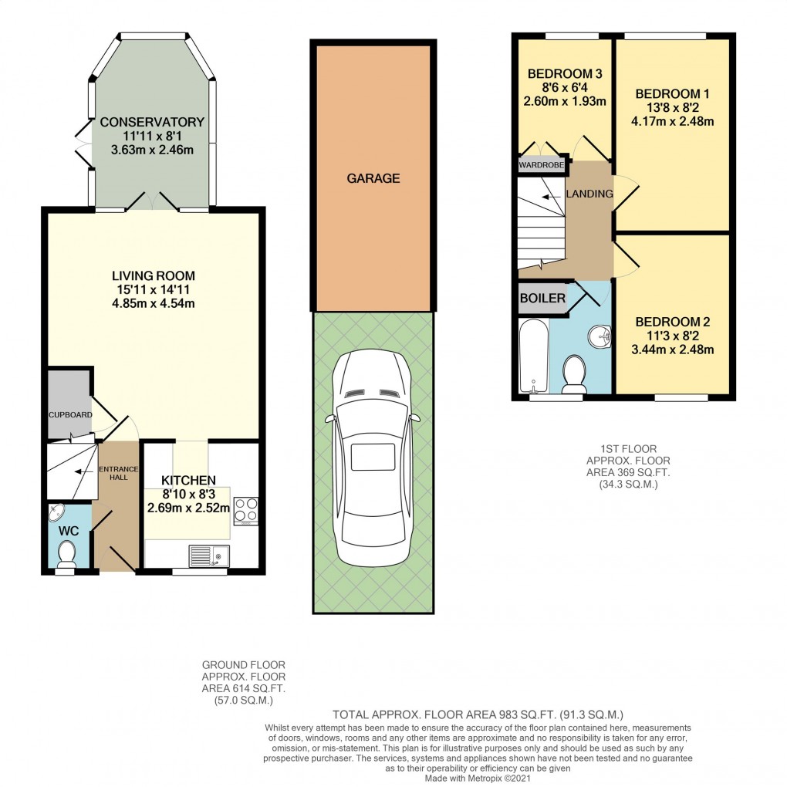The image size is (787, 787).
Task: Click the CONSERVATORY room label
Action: pyautogui.click(x=151, y=122)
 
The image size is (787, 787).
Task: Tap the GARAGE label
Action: pyautogui.click(x=373, y=178)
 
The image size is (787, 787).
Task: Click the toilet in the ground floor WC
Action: pyautogui.click(x=67, y=552)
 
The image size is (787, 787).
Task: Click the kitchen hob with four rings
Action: pyautogui.click(x=245, y=510)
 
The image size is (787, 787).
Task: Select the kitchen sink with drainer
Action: pyautogui.click(x=206, y=556)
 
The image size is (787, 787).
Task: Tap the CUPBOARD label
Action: pyautogui.click(x=70, y=415)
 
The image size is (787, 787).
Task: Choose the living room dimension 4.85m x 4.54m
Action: pyautogui.click(x=153, y=303)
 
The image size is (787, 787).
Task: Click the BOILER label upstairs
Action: pyautogui.click(x=542, y=299)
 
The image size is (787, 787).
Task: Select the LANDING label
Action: pyautogui.click(x=589, y=194)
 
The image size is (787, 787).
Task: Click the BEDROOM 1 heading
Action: pyautogui.click(x=672, y=93)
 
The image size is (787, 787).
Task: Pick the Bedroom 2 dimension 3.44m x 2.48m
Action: pyautogui.click(x=672, y=350)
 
